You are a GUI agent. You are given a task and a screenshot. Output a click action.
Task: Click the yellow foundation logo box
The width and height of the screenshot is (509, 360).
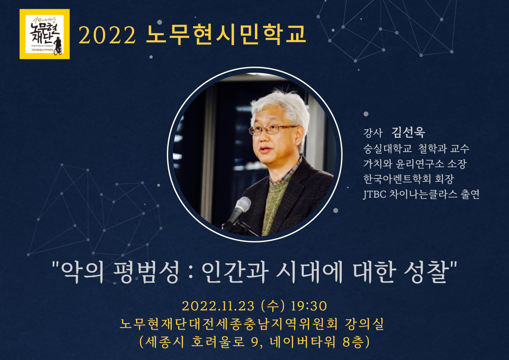tap(44, 34)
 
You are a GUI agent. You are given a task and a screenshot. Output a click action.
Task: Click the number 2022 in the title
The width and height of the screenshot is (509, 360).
tap(107, 36)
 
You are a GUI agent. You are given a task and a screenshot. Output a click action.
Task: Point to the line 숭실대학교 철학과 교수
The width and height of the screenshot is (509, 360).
tap(416, 149)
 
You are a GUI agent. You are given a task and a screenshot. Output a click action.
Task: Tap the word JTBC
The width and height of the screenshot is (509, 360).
tap(374, 194)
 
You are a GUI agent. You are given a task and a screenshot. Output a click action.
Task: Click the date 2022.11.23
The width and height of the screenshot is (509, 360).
tap(219, 306)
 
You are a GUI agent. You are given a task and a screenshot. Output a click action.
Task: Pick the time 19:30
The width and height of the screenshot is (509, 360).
tap(309, 306)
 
